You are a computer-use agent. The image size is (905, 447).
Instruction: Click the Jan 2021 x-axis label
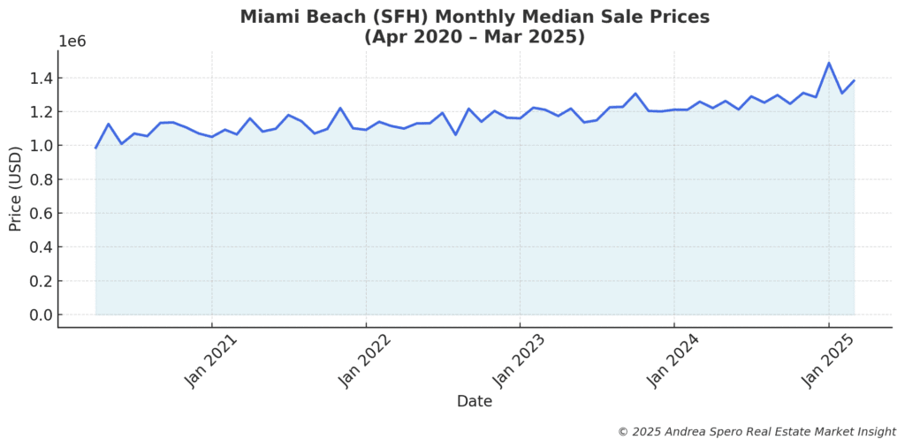tap(207, 362)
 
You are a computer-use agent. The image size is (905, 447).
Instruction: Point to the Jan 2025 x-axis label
tap(824, 362)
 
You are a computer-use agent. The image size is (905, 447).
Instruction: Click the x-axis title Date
tap(475, 401)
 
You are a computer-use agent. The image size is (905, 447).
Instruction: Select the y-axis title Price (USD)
tap(15, 189)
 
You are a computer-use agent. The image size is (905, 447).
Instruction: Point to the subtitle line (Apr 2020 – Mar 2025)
tap(475, 37)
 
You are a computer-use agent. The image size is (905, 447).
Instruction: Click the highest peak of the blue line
tap(829, 63)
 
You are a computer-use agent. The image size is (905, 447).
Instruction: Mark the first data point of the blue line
tap(95, 148)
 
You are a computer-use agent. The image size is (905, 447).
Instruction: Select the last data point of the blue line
tap(854, 80)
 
